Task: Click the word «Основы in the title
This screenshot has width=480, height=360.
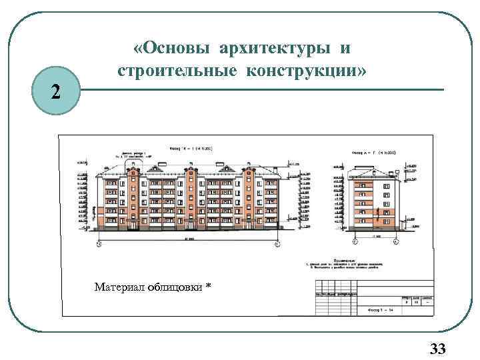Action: (x=176, y=49)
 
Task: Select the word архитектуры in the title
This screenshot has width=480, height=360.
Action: (x=275, y=49)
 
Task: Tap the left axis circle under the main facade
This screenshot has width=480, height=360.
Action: (x=99, y=244)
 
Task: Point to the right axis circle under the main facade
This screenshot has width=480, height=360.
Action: (x=278, y=244)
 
